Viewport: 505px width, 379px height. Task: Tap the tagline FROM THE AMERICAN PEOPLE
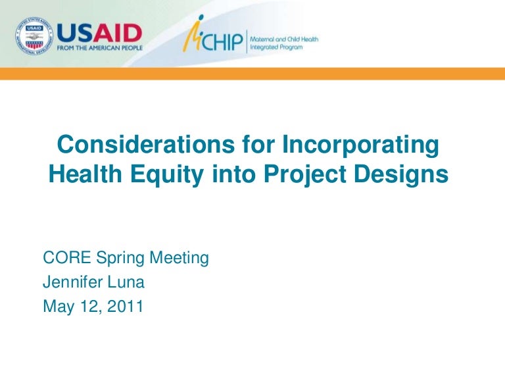coord(99,49)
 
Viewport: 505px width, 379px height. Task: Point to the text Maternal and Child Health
coord(284,39)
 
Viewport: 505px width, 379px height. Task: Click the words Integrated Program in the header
coord(277,48)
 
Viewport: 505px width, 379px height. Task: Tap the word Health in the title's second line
coord(85,174)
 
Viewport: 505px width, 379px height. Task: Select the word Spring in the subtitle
coord(116,259)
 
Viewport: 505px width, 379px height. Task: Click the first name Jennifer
coord(72,282)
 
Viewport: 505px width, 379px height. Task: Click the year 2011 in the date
coord(124,307)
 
